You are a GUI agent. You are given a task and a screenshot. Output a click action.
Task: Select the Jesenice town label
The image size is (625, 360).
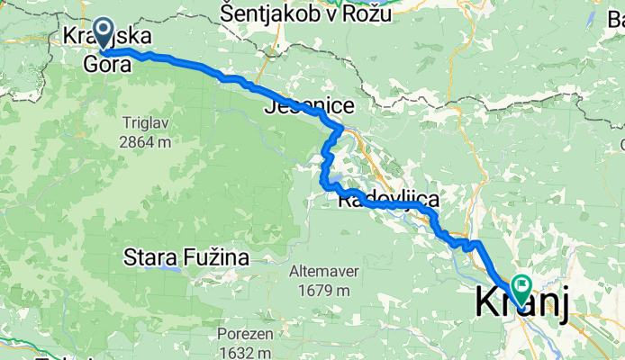(x=309, y=106)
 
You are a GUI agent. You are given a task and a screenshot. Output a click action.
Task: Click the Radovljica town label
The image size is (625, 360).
(x=387, y=200)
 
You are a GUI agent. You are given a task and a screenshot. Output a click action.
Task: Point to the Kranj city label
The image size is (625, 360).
(x=521, y=304)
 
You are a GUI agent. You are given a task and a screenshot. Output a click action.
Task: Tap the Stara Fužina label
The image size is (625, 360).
(x=186, y=258)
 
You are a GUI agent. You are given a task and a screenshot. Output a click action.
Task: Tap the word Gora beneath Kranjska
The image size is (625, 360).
(x=102, y=63)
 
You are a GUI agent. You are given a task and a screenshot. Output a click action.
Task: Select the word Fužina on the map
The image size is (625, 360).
(x=217, y=258)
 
